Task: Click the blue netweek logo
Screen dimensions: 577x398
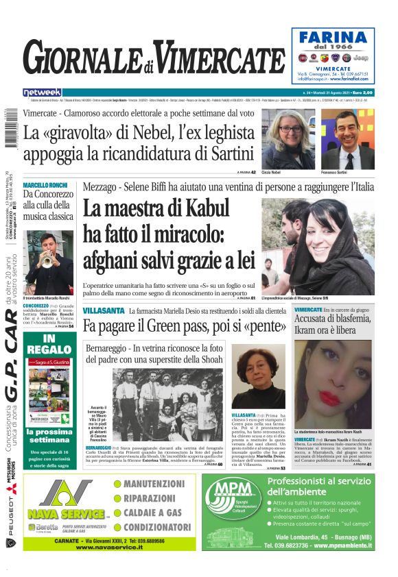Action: pos(42,93)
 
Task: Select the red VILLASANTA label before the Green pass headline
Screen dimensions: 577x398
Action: pos(104,311)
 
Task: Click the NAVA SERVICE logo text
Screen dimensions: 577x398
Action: pos(67,513)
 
